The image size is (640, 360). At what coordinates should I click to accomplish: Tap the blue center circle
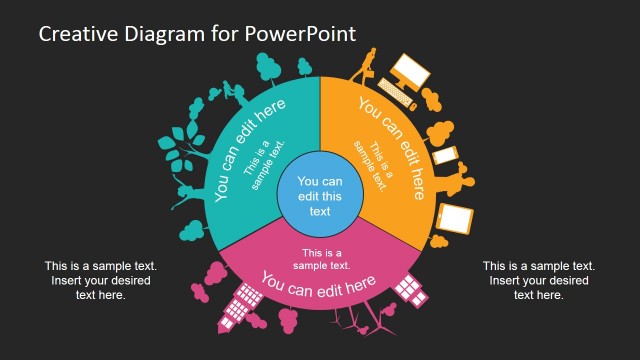pos(319,189)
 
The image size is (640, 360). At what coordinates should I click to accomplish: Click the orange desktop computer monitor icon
pos(409,73)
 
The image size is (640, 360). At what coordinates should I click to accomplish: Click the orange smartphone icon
pos(444,157)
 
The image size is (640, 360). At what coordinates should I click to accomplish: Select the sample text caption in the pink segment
pos(321,258)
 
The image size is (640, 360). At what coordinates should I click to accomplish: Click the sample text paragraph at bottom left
pos(100,280)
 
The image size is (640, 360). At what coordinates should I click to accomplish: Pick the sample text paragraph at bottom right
pos(539,280)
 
